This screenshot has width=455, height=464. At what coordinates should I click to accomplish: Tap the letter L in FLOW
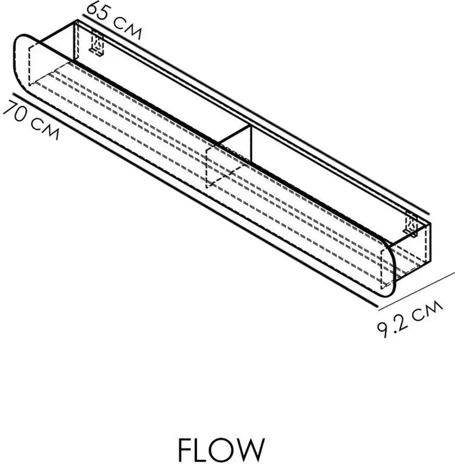(204, 449)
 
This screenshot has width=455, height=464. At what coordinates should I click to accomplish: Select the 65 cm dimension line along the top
(255, 114)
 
